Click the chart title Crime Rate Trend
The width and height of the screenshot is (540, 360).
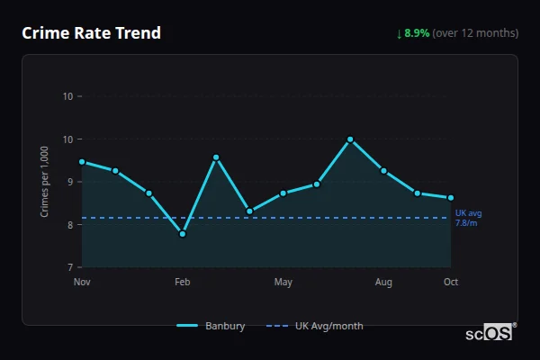click(91, 33)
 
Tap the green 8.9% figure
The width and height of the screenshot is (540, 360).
click(417, 33)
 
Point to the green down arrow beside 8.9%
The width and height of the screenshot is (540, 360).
click(400, 33)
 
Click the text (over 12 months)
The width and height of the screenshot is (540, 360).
click(475, 33)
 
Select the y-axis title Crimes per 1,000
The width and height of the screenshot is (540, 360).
click(45, 182)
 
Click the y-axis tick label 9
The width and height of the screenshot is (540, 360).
click(69, 182)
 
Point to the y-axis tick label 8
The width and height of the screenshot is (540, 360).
click(69, 225)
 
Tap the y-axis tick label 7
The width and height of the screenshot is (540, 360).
click(69, 267)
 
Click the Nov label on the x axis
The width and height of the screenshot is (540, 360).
click(82, 283)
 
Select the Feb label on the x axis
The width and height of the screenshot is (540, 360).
click(183, 283)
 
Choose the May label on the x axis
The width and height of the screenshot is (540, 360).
click(283, 283)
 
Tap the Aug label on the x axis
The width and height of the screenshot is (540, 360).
click(384, 283)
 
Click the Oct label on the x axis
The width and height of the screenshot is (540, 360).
click(451, 283)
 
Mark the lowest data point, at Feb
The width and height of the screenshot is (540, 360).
click(183, 234)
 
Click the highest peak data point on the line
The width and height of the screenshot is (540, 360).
click(350, 139)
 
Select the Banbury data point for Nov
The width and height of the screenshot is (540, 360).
click(82, 162)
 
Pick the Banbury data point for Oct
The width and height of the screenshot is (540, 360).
click(451, 198)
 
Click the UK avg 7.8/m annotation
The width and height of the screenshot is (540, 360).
click(467, 218)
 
